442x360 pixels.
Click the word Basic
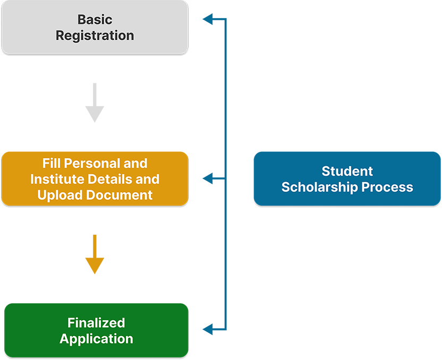click(95, 20)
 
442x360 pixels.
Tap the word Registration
click(95, 36)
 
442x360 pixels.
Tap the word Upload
click(57, 194)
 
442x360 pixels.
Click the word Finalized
click(96, 322)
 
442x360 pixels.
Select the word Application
click(96, 339)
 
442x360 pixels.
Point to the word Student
click(347, 171)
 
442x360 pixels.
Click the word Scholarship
click(320, 187)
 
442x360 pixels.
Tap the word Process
click(388, 187)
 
